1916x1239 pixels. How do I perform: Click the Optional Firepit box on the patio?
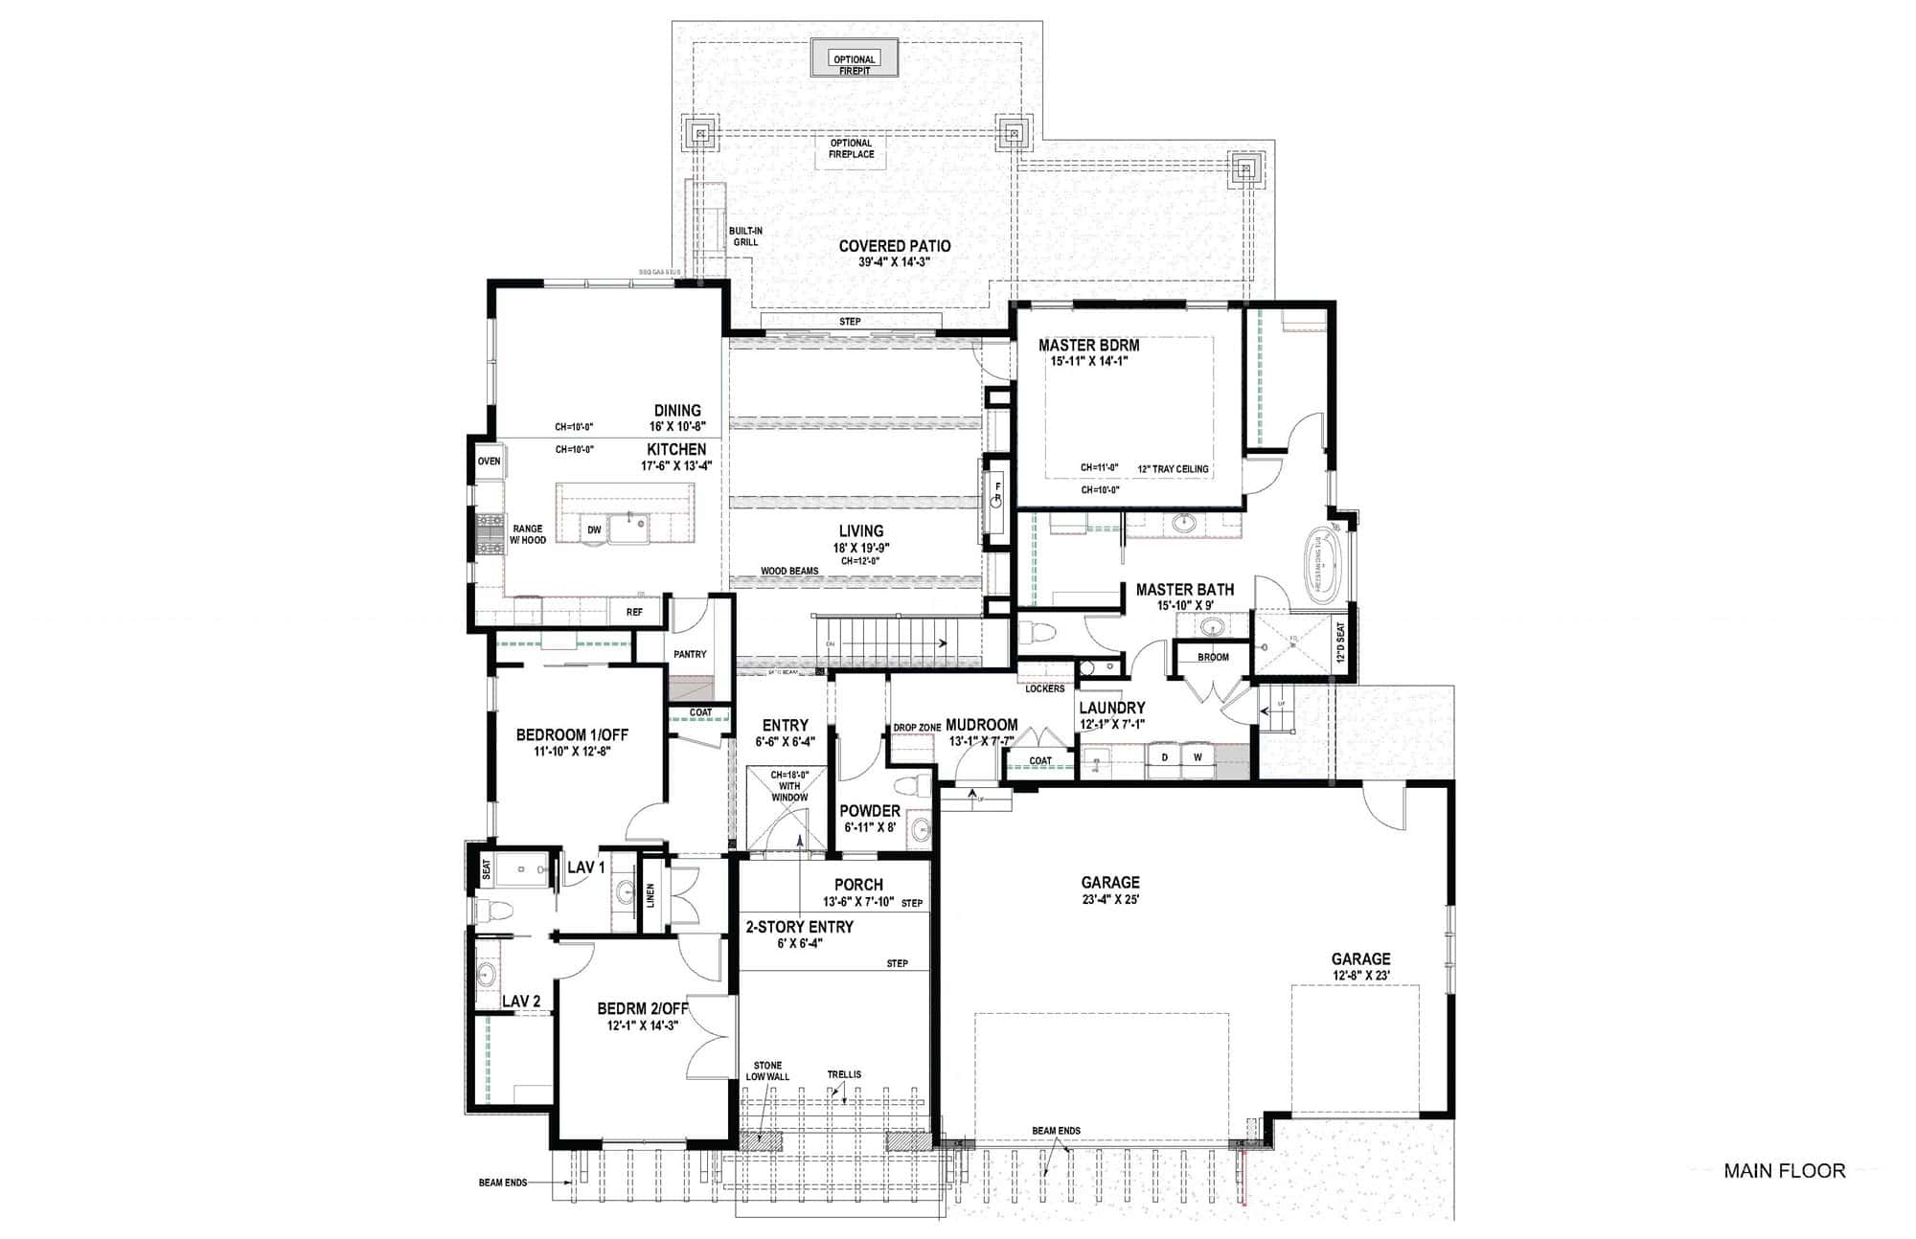[854, 59]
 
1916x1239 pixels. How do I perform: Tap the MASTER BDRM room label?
[1088, 346]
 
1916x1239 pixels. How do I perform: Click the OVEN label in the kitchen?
[489, 462]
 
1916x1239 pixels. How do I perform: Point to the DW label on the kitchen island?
[594, 530]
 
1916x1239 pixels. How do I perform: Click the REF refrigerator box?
[634, 612]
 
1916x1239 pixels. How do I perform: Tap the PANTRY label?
[690, 655]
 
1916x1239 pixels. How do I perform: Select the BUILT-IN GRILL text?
[745, 237]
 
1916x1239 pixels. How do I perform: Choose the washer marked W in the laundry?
[1197, 757]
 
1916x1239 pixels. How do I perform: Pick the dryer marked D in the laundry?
[1165, 757]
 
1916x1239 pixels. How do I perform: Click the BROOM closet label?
[1213, 658]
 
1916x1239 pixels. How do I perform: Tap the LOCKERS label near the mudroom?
[1044, 689]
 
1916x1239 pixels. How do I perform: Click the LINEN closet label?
[650, 896]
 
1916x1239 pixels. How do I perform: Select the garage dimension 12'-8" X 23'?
[1360, 976]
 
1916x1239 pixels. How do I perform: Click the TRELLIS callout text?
[844, 1075]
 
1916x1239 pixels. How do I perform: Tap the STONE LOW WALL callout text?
[767, 1070]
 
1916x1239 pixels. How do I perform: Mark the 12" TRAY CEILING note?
[1173, 469]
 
